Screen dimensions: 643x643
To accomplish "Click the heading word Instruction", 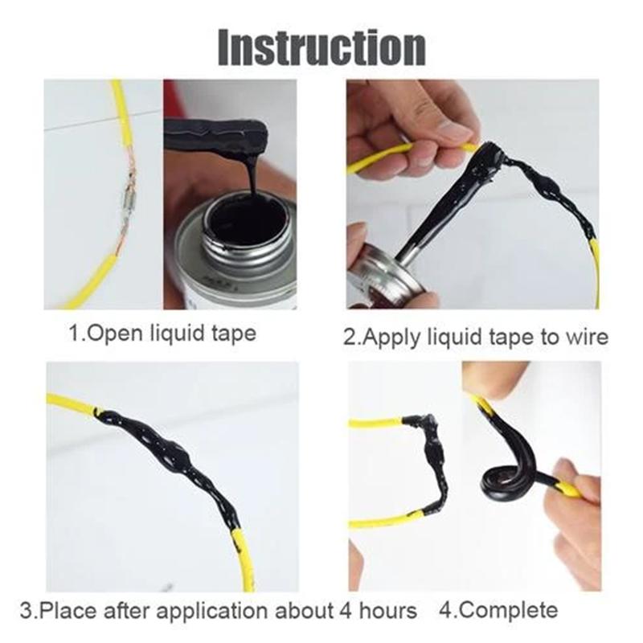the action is [x=322, y=47].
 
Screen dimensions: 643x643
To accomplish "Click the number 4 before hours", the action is [x=346, y=611].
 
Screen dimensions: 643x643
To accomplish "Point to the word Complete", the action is [x=508, y=610].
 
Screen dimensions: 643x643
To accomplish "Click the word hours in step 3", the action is [x=388, y=611].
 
